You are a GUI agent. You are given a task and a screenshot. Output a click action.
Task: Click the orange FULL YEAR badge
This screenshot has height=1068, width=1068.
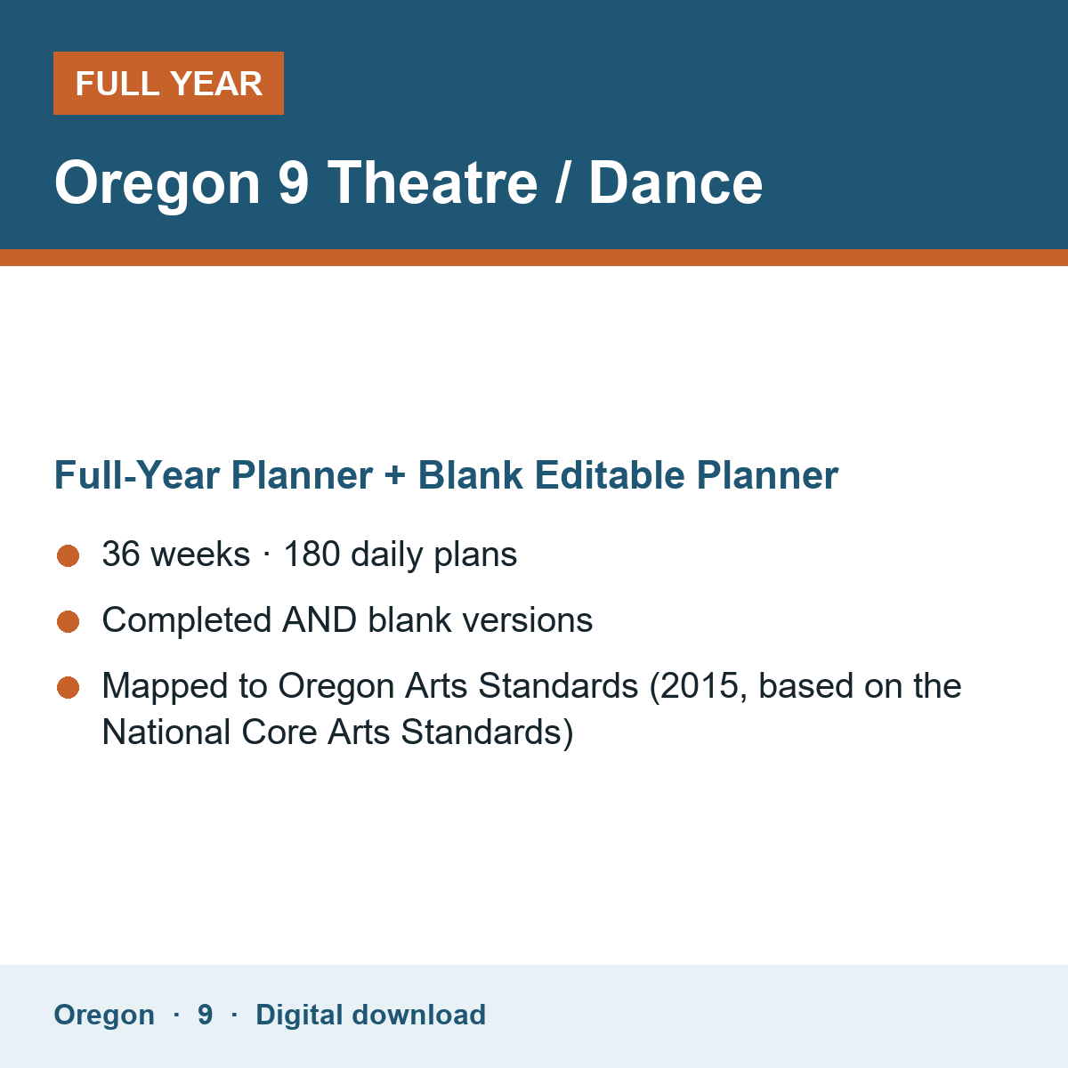[x=168, y=83]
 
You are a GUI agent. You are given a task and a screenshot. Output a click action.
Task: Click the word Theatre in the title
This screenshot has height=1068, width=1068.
[x=433, y=183]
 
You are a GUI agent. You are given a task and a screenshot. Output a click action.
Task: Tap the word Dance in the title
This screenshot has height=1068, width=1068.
[x=676, y=183]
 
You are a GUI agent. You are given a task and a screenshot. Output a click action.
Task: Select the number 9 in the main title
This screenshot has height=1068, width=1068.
[x=293, y=183]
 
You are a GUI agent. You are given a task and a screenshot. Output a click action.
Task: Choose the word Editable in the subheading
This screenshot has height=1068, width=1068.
[x=610, y=475]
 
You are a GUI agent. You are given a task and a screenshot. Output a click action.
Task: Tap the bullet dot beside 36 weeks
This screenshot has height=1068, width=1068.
[x=69, y=556]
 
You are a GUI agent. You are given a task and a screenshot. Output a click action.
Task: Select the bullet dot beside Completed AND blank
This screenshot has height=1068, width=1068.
[x=69, y=621]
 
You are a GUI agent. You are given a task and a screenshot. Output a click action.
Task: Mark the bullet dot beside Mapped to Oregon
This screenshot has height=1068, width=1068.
[x=69, y=688]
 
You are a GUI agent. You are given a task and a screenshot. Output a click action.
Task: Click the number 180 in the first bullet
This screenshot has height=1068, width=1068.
[x=311, y=554]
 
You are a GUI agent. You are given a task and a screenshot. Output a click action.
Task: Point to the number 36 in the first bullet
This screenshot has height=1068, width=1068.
[x=121, y=554]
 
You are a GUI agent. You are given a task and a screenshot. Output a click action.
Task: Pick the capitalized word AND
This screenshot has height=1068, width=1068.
[x=320, y=619]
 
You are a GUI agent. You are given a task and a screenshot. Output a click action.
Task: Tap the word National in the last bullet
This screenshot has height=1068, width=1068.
[x=166, y=732]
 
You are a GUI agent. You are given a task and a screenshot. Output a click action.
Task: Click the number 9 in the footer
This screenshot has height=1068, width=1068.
[x=205, y=1015]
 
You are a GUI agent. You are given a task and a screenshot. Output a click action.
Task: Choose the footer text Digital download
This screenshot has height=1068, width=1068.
[x=371, y=1015]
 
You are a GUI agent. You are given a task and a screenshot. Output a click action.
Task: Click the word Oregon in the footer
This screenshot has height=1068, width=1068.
[x=104, y=1015]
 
